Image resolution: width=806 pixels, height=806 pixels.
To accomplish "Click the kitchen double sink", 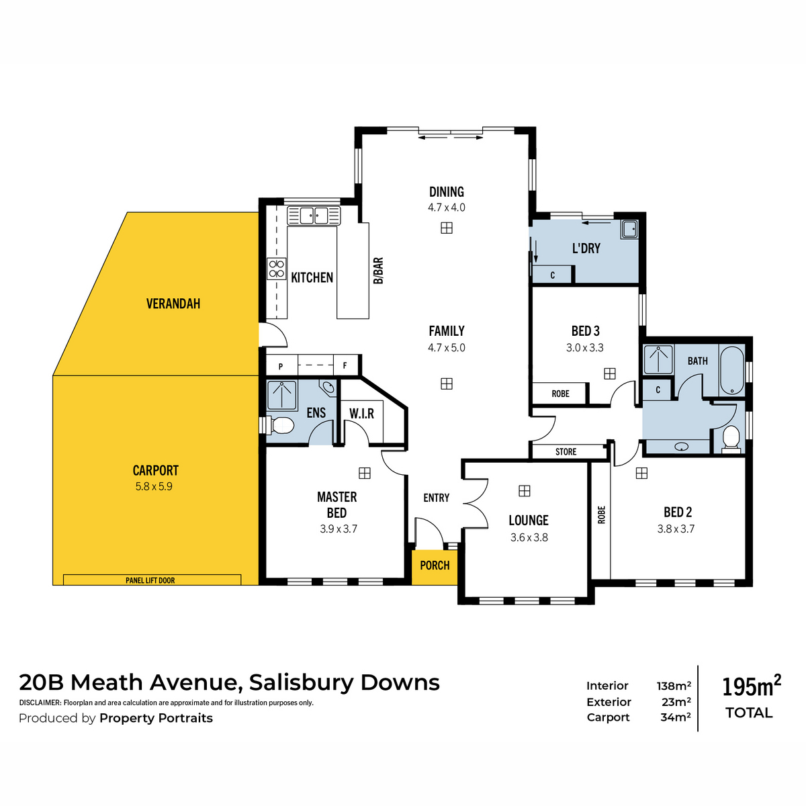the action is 313,216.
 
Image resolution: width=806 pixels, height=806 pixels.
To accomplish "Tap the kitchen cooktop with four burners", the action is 277,269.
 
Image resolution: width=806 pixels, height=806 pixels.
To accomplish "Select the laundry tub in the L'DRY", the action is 629,230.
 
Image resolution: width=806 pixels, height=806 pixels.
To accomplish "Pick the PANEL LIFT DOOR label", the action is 150,580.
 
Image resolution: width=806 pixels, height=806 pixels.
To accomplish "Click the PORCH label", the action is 435,566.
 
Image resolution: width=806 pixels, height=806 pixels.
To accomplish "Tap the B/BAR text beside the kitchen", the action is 378,271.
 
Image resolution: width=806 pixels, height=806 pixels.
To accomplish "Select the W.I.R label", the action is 361,414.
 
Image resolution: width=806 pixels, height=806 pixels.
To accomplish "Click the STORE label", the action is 566,452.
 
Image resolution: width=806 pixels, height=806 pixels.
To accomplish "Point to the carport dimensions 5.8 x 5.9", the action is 154,486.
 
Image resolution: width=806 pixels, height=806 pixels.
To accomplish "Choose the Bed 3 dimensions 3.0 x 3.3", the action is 585,347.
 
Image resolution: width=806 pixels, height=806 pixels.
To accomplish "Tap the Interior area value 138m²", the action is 674,686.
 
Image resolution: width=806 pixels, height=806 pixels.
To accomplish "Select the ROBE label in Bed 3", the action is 560,394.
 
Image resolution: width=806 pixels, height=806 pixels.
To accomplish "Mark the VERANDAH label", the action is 173,304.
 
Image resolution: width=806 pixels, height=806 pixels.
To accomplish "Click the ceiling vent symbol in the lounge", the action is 524,490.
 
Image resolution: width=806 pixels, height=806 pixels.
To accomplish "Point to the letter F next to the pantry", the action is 345,365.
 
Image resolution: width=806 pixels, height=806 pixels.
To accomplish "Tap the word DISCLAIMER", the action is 40,703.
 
